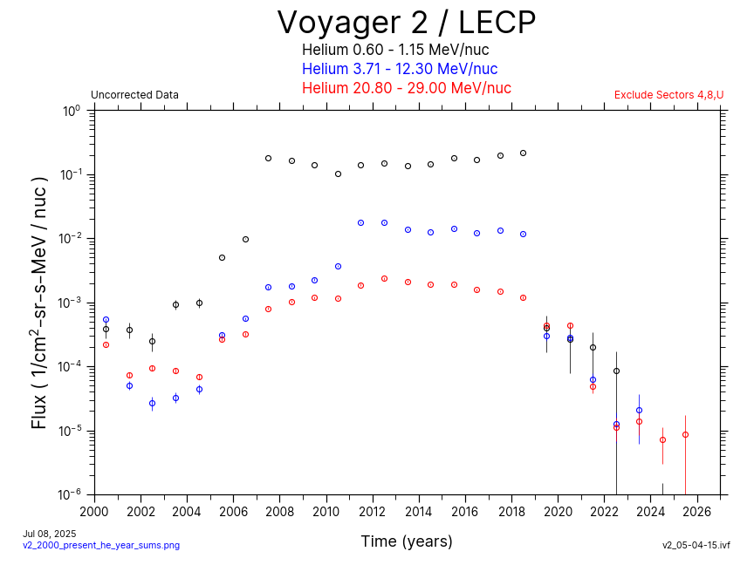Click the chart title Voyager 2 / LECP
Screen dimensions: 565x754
pos(406,22)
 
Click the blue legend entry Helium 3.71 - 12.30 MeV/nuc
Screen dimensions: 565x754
pos(400,69)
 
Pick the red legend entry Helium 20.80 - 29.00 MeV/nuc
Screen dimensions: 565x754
pos(406,88)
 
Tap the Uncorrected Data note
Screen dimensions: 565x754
pos(134,95)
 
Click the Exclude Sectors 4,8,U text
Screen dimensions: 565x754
pos(668,95)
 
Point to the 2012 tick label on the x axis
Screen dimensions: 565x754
pos(373,512)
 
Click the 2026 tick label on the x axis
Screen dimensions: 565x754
pos(697,512)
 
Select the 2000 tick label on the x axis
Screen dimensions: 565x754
pos(94,512)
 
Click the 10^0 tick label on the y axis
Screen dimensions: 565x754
pos(71,112)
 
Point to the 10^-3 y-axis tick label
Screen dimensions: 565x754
pos(69,303)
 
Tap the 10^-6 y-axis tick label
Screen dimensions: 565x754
pos(69,494)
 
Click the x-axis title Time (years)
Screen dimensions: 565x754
pos(407,541)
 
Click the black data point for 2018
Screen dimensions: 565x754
pos(523,153)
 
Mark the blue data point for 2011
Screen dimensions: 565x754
pos(360,222)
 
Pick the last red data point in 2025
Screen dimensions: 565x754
pos(685,434)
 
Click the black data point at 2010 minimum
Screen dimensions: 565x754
pos(338,174)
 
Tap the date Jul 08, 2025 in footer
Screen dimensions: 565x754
pos(50,533)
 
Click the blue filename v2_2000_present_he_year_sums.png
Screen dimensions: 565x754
pos(100,545)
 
